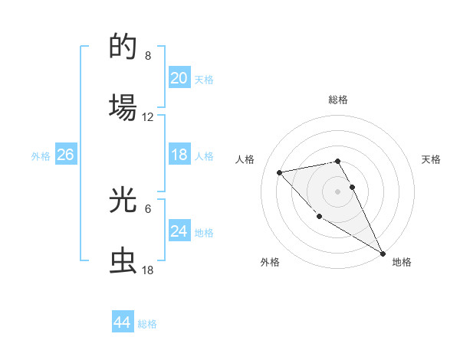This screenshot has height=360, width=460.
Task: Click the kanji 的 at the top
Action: (x=123, y=47)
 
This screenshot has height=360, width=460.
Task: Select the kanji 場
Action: (x=123, y=107)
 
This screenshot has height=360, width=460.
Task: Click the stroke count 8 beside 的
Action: (x=148, y=56)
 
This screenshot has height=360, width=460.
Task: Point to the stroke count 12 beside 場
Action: (x=148, y=117)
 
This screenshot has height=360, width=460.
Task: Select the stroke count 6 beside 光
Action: (x=148, y=208)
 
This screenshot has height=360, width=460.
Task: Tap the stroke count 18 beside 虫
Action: (x=148, y=270)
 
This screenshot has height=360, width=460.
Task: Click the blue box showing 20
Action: (x=179, y=78)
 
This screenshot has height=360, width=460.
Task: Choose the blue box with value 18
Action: (x=179, y=155)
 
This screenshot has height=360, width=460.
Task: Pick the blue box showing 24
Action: (x=179, y=231)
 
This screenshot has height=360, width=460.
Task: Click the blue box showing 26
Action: (x=65, y=155)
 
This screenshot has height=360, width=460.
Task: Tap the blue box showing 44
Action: (x=122, y=322)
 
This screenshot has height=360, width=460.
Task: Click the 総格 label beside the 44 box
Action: (x=147, y=324)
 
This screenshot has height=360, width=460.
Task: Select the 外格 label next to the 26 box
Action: (x=41, y=156)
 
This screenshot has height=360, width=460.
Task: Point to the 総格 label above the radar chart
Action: (x=337, y=100)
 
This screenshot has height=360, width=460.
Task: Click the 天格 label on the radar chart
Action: (x=431, y=159)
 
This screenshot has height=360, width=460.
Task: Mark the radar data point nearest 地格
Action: (x=383, y=254)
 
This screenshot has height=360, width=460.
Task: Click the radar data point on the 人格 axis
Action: (x=280, y=172)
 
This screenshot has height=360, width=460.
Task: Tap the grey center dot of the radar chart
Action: (x=337, y=191)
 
